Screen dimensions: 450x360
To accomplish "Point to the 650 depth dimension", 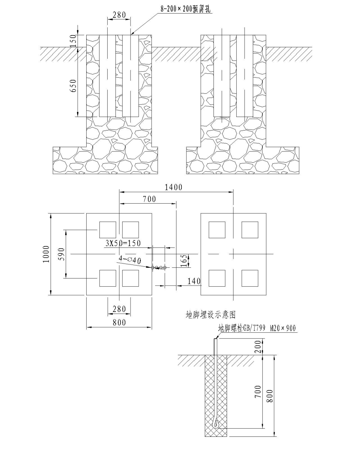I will click(73, 86).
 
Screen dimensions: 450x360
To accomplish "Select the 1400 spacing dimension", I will click(174, 187).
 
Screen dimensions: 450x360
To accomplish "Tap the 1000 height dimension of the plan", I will click(46, 254).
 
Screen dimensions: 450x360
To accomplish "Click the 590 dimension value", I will click(61, 254).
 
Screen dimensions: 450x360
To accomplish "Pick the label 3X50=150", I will click(123, 244).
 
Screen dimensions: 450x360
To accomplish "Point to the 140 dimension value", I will click(194, 281).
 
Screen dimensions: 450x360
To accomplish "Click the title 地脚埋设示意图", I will click(211, 315).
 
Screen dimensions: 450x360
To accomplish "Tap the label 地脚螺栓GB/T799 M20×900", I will click(257, 328).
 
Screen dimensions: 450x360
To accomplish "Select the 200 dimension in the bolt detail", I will click(258, 347).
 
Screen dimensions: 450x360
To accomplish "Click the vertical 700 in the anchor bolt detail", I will click(258, 392).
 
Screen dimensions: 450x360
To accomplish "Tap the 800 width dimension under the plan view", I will click(119, 322).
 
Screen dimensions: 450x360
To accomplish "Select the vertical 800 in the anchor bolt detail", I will click(270, 396).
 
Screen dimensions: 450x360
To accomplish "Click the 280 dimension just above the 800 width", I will click(119, 309).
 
